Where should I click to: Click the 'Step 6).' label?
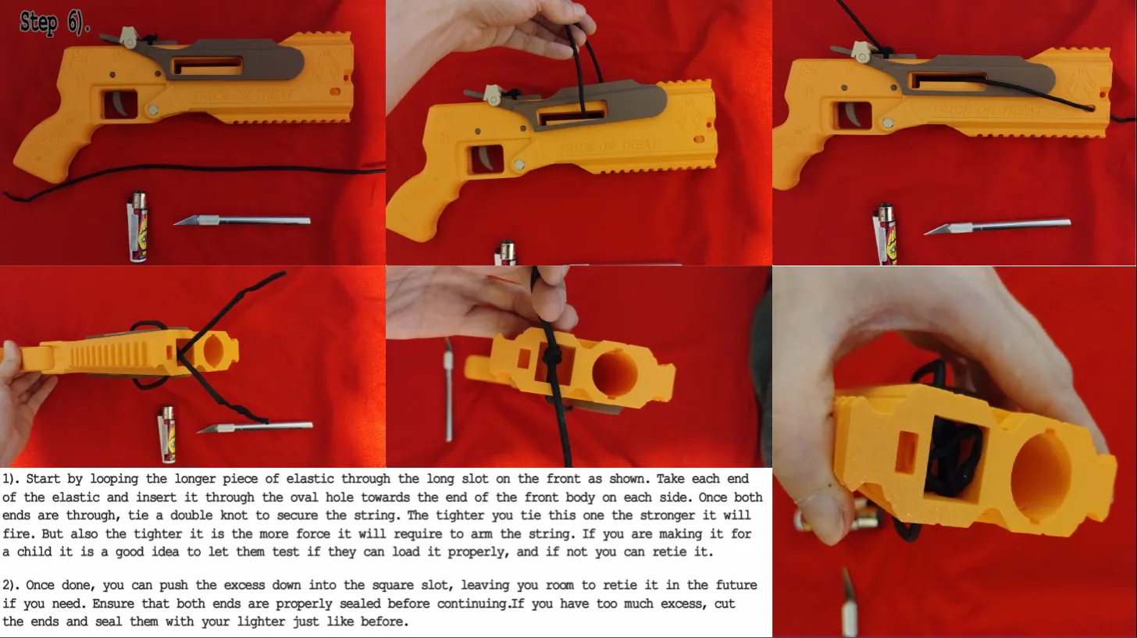[55, 23]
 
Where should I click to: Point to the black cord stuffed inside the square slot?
[951, 456]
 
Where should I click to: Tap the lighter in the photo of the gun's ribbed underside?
[166, 434]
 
